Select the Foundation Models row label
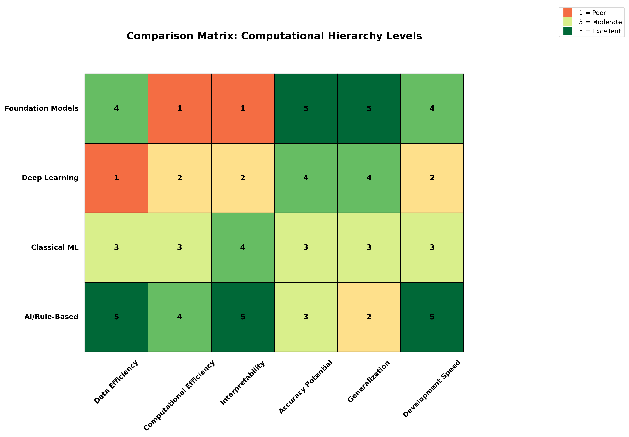[42, 108]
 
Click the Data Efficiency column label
[116, 382]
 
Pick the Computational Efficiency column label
[179, 395]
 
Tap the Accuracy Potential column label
[305, 387]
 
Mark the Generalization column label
[369, 381]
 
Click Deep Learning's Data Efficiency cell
[116, 178]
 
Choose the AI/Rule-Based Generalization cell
[369, 317]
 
